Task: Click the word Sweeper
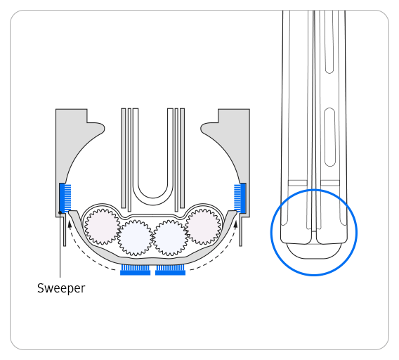(61, 288)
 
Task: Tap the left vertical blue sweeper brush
(67, 198)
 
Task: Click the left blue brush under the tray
(136, 270)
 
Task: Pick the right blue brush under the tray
(170, 270)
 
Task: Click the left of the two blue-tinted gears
(136, 238)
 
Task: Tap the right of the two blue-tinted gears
(170, 238)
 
